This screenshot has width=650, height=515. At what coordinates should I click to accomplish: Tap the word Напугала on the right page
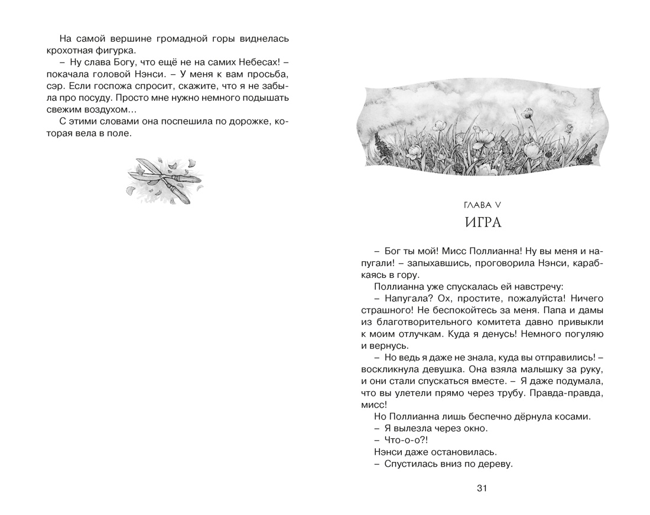(x=405, y=298)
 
